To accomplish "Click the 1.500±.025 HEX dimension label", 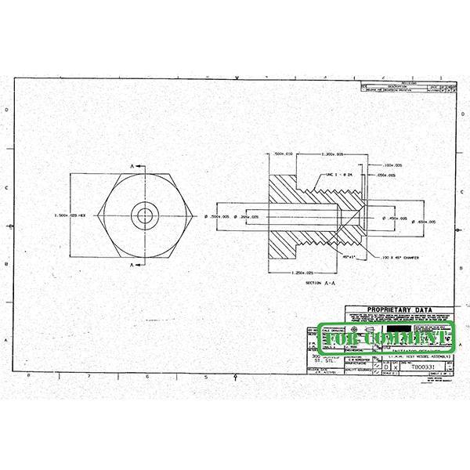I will click(x=69, y=215).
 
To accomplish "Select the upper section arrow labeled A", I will click(x=138, y=166).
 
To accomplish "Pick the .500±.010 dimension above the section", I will click(x=283, y=154).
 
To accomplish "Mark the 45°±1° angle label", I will click(x=349, y=256).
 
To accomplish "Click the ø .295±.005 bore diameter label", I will click(x=247, y=215).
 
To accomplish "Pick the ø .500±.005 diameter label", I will click(x=215, y=215).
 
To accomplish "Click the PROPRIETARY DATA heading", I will click(x=399, y=309).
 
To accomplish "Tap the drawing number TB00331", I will click(x=423, y=366).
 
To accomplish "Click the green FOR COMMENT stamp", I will click(x=385, y=338).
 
